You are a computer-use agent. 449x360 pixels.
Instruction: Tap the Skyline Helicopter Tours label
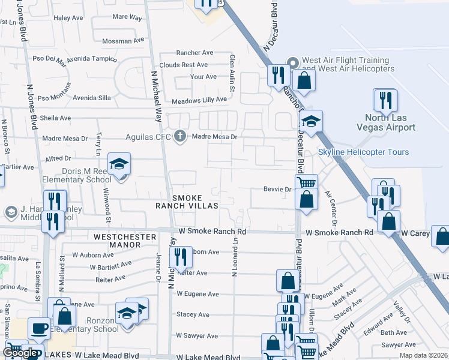coord(363,152)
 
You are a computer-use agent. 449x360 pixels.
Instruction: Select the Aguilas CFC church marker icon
coord(179,136)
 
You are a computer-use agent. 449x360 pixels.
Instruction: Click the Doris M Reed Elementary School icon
coord(119,164)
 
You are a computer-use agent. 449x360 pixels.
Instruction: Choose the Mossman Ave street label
coord(124,41)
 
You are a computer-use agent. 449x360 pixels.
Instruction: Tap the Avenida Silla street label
coord(92,97)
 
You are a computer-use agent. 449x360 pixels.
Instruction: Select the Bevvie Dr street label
coord(277,189)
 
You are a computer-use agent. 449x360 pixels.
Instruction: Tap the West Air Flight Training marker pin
coord(293,62)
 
